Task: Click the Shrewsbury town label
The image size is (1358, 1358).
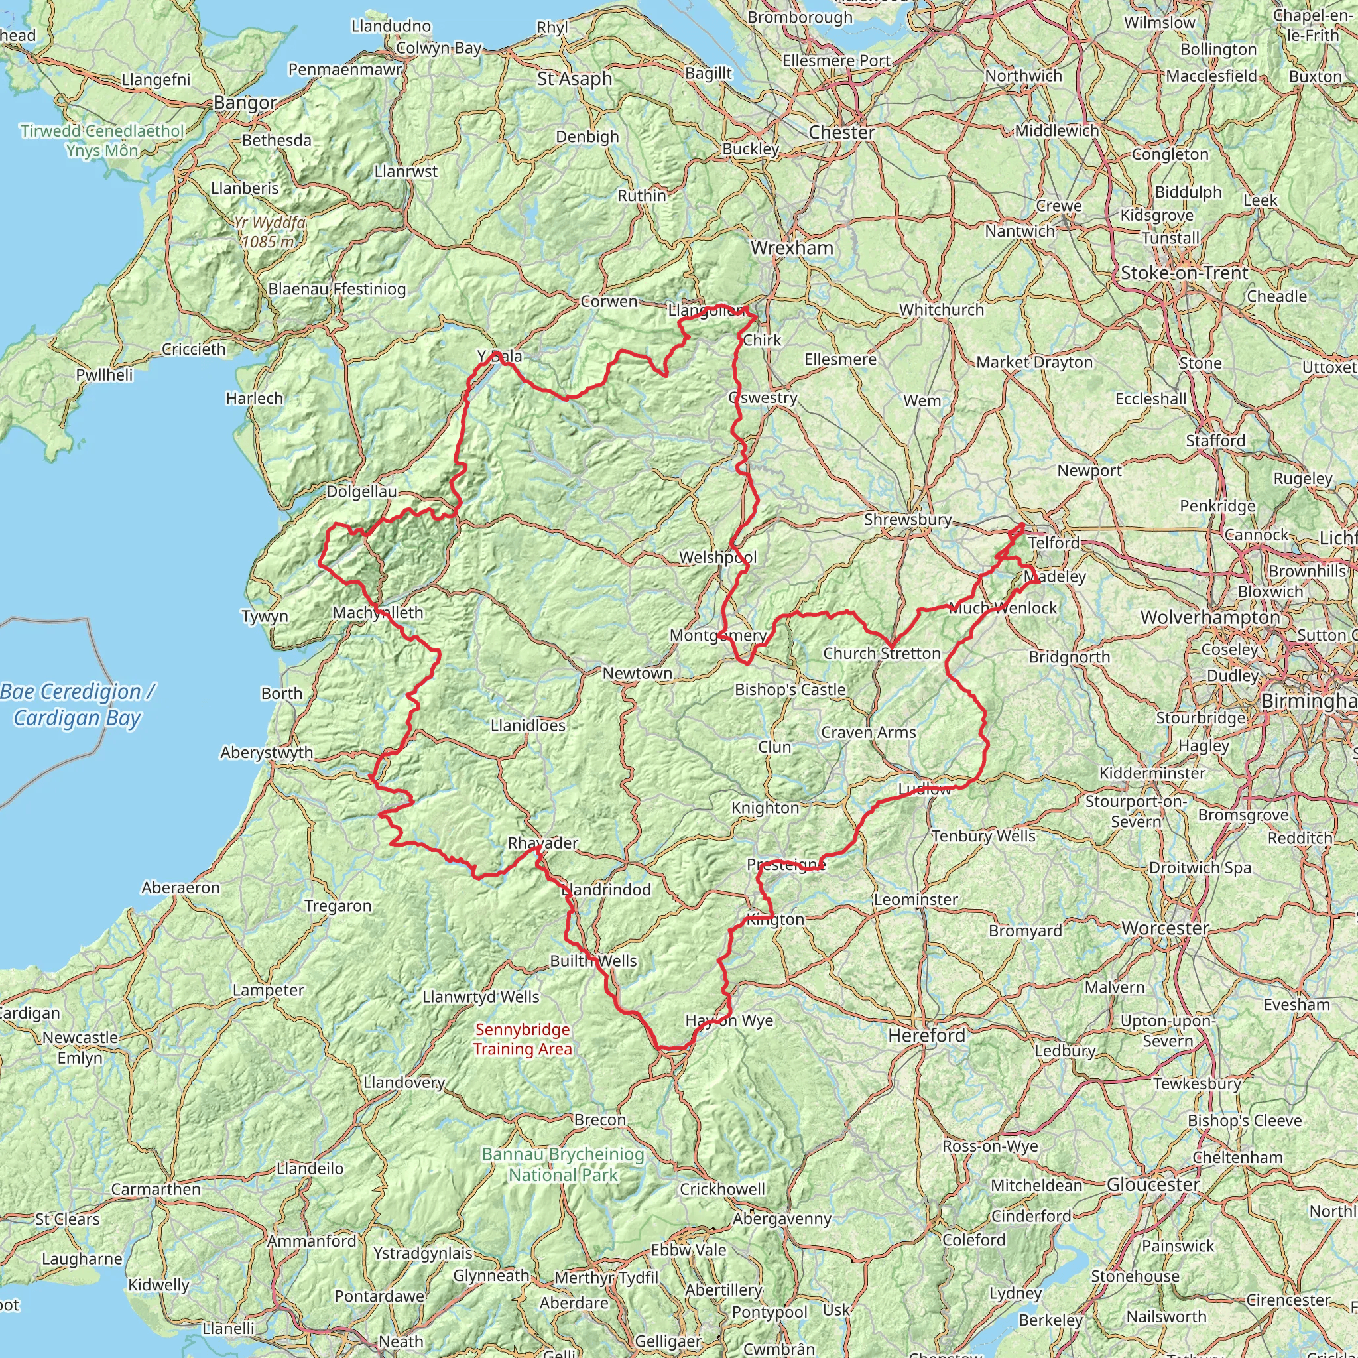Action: (908, 519)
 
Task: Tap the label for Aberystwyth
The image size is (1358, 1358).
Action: (267, 752)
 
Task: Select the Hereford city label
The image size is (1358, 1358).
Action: (926, 1035)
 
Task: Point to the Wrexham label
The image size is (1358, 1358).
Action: (792, 248)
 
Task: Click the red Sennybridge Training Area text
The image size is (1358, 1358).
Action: (523, 1040)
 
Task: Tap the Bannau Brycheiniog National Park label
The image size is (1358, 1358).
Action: (562, 1164)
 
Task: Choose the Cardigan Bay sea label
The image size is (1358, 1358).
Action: (78, 705)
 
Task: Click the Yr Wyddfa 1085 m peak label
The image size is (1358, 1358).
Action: (269, 233)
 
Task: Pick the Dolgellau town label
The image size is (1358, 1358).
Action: (361, 491)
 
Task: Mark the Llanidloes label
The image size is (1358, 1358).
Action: (528, 725)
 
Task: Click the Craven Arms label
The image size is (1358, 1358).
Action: (868, 733)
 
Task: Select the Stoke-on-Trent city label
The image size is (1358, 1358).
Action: (1184, 273)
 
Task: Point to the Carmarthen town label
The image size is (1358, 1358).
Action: (156, 1190)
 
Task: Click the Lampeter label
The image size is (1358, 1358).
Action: (269, 991)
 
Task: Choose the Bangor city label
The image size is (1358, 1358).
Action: (245, 103)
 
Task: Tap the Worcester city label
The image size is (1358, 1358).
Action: (1164, 928)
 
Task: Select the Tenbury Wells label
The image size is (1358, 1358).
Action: (983, 836)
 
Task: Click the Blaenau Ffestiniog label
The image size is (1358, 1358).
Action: (337, 290)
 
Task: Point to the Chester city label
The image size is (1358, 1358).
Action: (841, 132)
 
